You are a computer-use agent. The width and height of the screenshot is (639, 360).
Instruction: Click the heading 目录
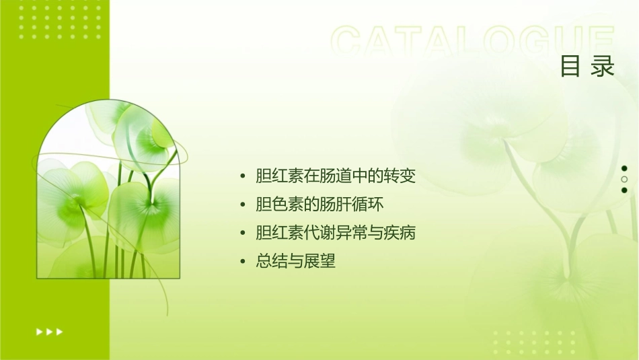click(587, 67)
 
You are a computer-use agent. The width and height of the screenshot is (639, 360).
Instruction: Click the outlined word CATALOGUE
click(473, 42)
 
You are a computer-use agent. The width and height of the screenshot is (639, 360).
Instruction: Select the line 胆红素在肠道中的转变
click(336, 176)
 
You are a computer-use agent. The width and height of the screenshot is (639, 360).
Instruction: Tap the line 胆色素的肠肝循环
click(319, 205)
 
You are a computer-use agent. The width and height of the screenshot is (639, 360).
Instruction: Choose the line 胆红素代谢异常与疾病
click(336, 233)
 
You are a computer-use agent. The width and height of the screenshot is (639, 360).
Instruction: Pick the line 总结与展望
click(295, 261)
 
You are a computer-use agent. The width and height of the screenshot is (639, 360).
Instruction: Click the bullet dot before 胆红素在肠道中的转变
click(243, 177)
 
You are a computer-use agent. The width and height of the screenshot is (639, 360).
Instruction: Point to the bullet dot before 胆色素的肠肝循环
click(243, 205)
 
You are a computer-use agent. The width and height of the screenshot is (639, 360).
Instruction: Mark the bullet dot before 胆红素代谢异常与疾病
click(243, 233)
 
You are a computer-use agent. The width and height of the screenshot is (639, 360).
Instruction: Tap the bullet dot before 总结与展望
click(243, 262)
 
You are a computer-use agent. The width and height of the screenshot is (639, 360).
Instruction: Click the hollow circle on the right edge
click(624, 179)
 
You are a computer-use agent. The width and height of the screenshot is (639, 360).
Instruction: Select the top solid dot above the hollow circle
click(624, 168)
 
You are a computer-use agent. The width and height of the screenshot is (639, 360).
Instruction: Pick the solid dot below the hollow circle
click(624, 190)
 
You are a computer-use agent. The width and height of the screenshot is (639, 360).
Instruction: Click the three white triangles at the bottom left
click(50, 331)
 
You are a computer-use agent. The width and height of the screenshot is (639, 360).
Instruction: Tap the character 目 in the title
click(570, 67)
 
